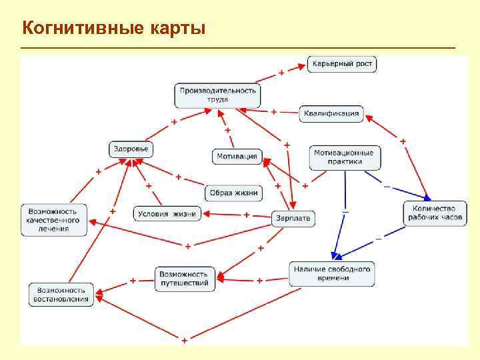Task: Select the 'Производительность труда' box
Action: pyautogui.click(x=217, y=95)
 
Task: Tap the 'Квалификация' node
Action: pyautogui.click(x=331, y=113)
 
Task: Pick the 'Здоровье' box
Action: pyautogui.click(x=130, y=149)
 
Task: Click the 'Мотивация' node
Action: pyautogui.click(x=237, y=157)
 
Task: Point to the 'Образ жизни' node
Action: pyautogui.click(x=233, y=193)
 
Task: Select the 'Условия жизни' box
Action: pyautogui.click(x=166, y=213)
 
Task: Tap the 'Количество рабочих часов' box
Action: pyautogui.click(x=433, y=213)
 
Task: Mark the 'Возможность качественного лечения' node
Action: pyautogui.click(x=55, y=219)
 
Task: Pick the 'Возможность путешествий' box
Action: pyautogui.click(x=185, y=279)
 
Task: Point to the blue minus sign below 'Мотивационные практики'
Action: pyautogui.click(x=345, y=211)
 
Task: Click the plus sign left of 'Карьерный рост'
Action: pyautogui.click(x=281, y=71)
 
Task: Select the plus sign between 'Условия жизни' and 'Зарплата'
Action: pyautogui.click(x=246, y=215)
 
